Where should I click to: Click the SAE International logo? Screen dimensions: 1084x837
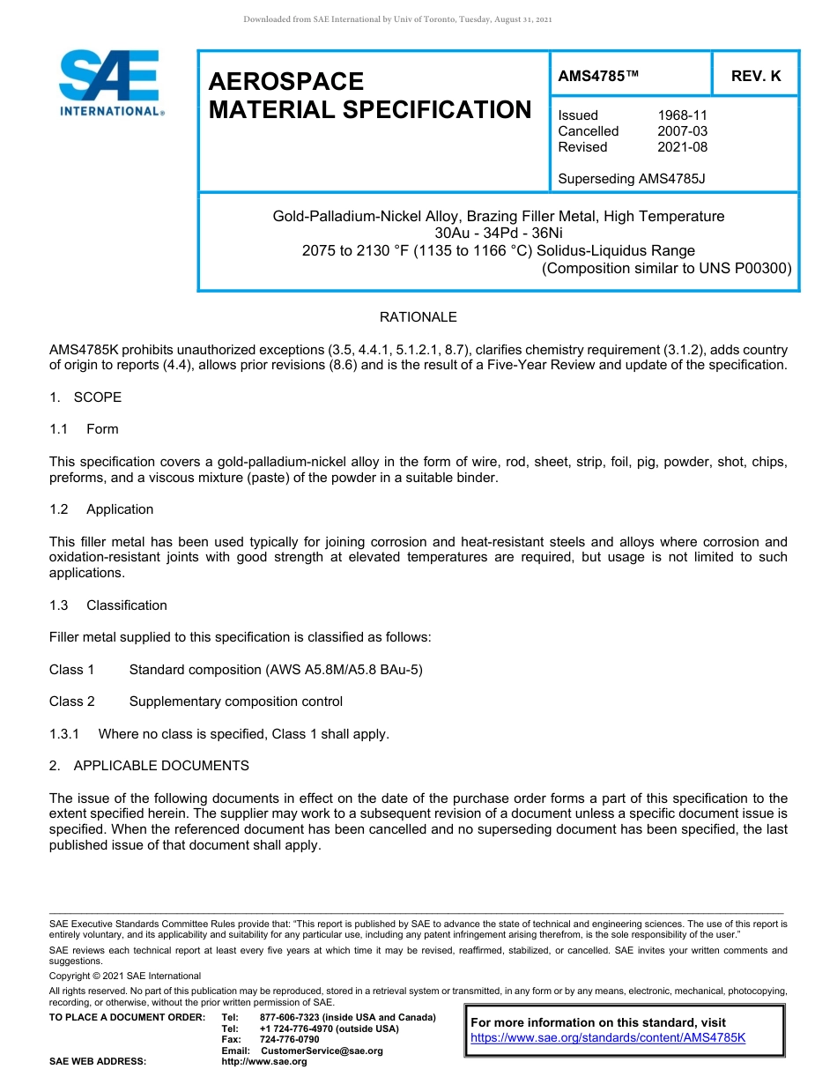tap(110, 84)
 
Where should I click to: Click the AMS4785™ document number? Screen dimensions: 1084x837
tap(598, 77)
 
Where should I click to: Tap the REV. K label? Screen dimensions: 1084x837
tap(756, 77)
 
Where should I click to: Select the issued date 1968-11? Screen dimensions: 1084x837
tap(682, 115)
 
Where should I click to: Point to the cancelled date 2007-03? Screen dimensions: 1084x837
tap(682, 131)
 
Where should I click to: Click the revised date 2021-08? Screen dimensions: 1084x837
tap(682, 147)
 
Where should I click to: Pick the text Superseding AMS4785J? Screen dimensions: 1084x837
tap(632, 179)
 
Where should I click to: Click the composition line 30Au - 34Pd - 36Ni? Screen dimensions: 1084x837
tap(499, 234)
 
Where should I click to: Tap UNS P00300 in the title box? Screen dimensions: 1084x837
tap(745, 269)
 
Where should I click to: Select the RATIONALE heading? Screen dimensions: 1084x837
tap(418, 317)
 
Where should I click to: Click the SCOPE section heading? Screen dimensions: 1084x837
tap(97, 397)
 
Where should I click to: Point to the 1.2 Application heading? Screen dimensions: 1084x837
tap(119, 509)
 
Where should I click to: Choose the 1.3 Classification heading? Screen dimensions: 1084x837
tap(126, 605)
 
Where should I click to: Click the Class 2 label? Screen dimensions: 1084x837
tap(72, 702)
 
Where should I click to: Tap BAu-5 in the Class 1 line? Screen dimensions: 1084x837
tap(404, 670)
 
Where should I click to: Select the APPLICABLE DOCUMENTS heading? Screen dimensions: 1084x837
tap(161, 766)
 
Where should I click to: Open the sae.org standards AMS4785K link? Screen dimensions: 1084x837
tap(608, 1038)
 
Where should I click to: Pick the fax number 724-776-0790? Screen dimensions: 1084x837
tap(290, 1040)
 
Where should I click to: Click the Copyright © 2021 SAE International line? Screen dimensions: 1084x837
tap(125, 976)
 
